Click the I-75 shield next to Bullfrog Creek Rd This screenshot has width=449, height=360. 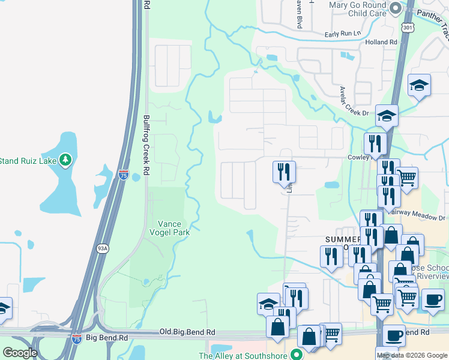click(x=123, y=175)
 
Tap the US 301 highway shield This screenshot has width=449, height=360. click(x=406, y=28)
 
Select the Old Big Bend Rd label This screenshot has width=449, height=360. click(x=187, y=332)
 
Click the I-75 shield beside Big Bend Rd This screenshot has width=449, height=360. click(x=76, y=338)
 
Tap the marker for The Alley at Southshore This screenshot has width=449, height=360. click(x=295, y=355)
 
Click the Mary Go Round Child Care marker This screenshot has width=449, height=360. click(x=395, y=8)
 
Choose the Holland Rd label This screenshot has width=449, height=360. click(x=382, y=43)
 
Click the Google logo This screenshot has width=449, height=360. click(x=19, y=353)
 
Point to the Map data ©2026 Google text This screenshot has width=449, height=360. click(x=412, y=355)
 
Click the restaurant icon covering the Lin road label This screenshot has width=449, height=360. click(x=284, y=172)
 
